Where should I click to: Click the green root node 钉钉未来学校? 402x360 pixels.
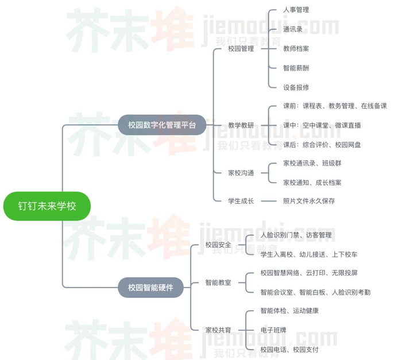(47, 206)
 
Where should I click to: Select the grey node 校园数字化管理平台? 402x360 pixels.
(161, 124)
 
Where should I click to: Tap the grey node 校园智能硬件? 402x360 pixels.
(151, 287)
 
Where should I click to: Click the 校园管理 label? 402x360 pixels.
(241, 49)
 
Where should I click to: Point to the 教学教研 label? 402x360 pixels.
(241, 125)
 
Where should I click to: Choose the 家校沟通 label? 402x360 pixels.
(241, 172)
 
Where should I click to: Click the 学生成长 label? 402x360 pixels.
(241, 201)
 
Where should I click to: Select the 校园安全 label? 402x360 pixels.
(218, 245)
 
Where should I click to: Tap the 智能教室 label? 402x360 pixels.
(218, 282)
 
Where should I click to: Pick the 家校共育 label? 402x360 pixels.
(218, 330)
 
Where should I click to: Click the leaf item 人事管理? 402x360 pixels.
(296, 10)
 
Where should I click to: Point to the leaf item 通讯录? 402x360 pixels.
(293, 29)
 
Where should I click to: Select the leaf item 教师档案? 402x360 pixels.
(296, 49)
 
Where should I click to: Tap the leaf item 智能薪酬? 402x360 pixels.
(296, 68)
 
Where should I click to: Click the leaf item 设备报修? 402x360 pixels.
(296, 87)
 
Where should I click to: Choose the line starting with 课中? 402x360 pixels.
(322, 125)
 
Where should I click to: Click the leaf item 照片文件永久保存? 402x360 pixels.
(309, 201)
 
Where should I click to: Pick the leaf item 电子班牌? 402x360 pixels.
(273, 330)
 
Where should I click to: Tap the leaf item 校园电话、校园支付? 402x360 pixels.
(289, 349)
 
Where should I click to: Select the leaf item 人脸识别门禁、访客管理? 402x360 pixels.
(296, 235)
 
